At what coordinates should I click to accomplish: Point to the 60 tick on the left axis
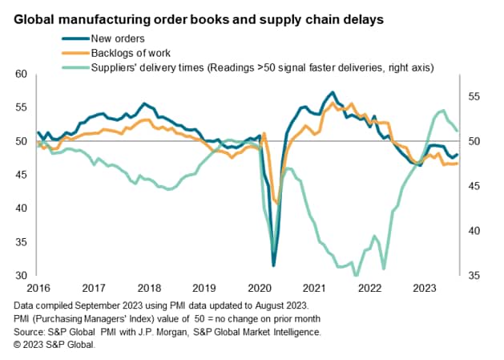pyautogui.click(x=22, y=74)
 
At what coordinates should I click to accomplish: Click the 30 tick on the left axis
pyautogui.click(x=22, y=275)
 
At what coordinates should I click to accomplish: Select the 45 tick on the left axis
pyautogui.click(x=22, y=175)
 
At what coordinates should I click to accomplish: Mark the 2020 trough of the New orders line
pyautogui.click(x=274, y=265)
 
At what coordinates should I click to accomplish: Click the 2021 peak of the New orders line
pyautogui.click(x=333, y=93)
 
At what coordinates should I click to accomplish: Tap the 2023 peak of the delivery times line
pyautogui.click(x=443, y=111)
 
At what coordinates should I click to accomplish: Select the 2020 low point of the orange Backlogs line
pyautogui.click(x=277, y=203)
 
